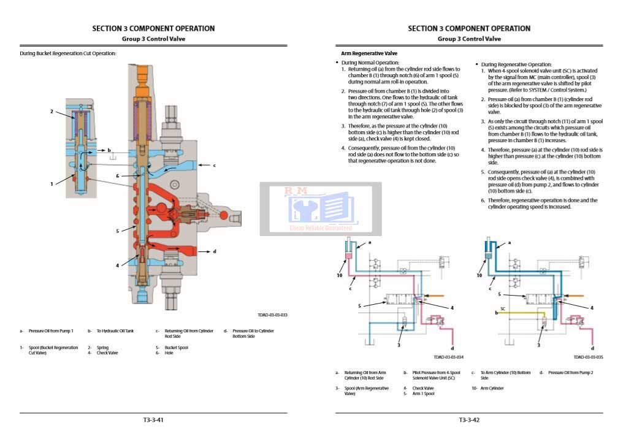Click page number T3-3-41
pos(153,420)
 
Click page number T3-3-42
pos(469,420)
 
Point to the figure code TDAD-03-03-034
pos(449,357)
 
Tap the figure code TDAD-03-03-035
pos(588,357)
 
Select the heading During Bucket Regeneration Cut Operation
pos(67,53)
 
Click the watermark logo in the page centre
pos(321,209)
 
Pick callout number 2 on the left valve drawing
pos(52,112)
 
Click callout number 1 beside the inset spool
pos(52,183)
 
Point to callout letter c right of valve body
pos(214,166)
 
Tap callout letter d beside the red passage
pos(214,251)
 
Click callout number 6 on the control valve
pos(117,176)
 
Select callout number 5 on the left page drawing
pos(117,231)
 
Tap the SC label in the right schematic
pos(502,308)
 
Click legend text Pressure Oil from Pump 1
pos(51,331)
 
